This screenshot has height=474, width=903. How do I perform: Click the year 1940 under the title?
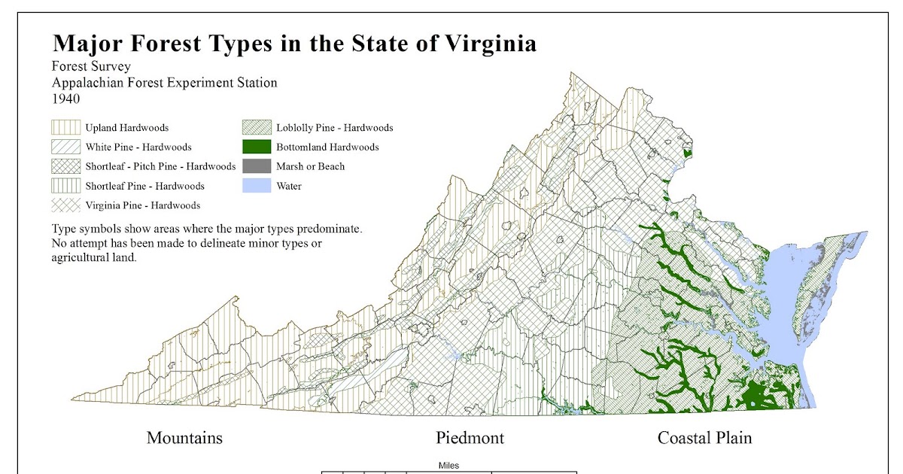tap(66, 99)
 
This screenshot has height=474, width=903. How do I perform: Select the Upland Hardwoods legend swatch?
tap(65, 128)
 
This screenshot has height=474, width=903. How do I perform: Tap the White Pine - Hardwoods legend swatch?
tap(65, 147)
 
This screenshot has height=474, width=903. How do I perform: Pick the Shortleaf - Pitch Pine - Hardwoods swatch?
tap(65, 166)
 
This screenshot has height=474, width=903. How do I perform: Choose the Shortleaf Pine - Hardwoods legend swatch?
tap(65, 186)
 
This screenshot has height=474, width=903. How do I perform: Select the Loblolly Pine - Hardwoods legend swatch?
tap(256, 128)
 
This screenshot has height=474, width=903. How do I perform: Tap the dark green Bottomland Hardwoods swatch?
tap(256, 147)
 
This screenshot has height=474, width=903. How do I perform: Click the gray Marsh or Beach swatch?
tap(256, 166)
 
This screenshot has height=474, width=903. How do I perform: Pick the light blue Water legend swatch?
tap(256, 186)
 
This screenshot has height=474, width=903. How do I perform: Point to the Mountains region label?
tap(184, 438)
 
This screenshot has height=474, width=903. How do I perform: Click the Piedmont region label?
tap(470, 438)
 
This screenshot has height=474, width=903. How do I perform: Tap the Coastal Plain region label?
tap(704, 438)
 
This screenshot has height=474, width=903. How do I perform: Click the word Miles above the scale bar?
tap(448, 466)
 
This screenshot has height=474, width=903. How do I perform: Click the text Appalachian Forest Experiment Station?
tap(164, 83)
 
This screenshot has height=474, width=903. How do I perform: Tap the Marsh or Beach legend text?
tap(310, 166)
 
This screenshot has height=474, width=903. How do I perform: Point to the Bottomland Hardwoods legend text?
tap(327, 147)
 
